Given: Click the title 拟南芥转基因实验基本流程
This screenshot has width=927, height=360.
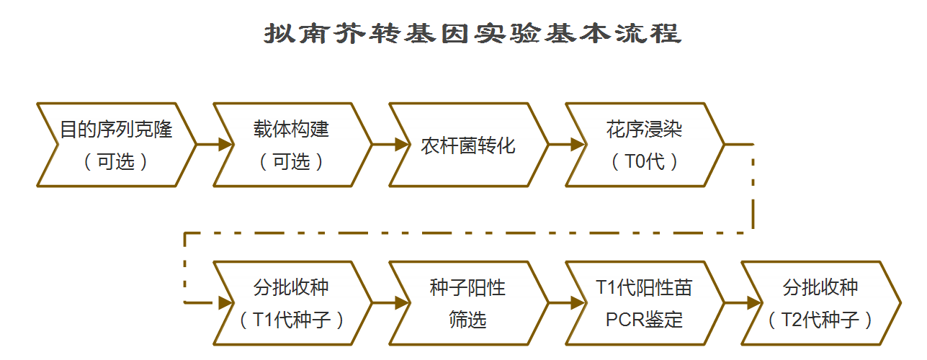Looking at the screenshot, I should coord(472,34).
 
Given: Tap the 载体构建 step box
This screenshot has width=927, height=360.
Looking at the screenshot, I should coord(292,145).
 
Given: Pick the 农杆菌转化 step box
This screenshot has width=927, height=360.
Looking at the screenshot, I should coord(468,145).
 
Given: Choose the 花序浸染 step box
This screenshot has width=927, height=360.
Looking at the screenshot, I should coord(644,145).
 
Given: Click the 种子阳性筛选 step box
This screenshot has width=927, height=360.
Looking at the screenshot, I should coord(468,303).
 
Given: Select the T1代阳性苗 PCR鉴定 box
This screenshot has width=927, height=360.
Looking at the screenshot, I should coord(644,303).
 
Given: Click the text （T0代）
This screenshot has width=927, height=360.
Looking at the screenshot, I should coord(644,162).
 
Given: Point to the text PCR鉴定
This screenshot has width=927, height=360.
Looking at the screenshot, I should coord(644,319).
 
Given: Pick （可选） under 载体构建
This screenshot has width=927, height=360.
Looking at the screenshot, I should coord(292,162).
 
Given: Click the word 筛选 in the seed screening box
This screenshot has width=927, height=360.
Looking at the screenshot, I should coord(468,319).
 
